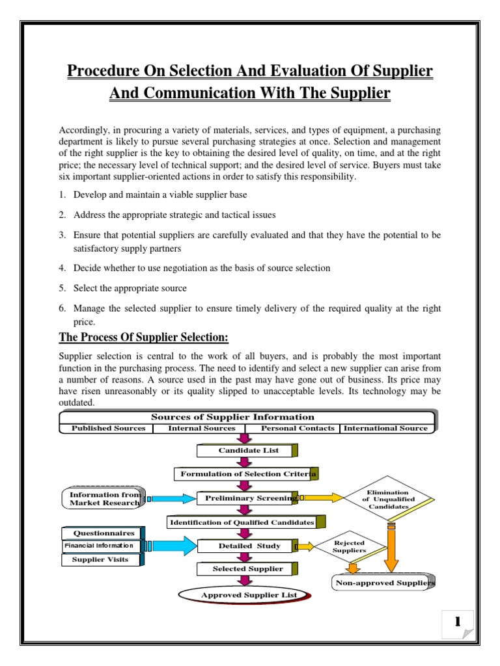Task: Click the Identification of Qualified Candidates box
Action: [242, 522]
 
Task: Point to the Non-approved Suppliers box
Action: [384, 583]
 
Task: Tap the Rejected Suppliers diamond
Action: [349, 546]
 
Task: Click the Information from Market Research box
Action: [105, 498]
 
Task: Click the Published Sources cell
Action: [108, 428]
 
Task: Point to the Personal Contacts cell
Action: [298, 428]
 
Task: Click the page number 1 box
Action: [458, 622]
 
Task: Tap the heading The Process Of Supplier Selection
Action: [144, 337]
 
